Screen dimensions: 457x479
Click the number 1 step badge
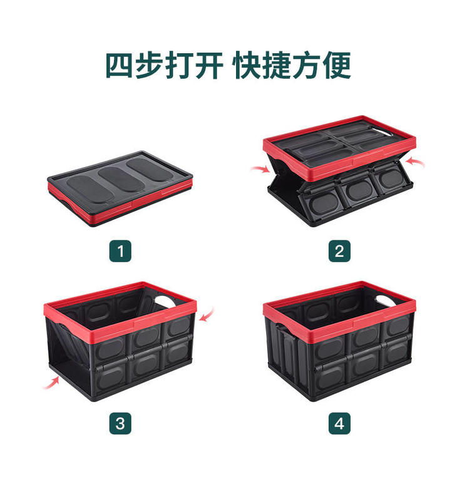point(120,251)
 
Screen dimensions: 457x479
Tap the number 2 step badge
point(339,251)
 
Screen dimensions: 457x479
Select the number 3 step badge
point(120,423)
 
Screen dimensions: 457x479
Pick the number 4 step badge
point(339,423)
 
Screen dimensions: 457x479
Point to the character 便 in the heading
point(337,66)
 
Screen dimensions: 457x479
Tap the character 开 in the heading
point(208,66)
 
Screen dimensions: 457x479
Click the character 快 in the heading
point(247,66)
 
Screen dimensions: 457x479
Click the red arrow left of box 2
point(260,168)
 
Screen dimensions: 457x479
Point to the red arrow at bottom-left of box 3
point(51,383)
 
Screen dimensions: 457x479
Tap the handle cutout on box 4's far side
point(387,300)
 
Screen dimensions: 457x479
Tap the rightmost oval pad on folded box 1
point(150,170)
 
